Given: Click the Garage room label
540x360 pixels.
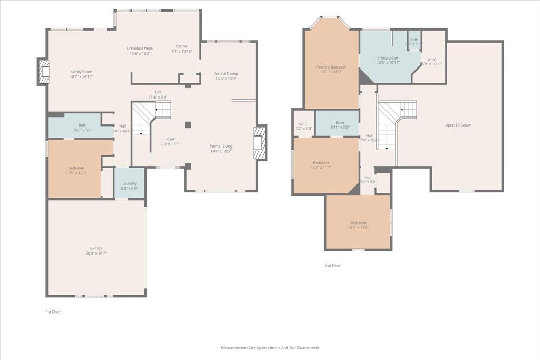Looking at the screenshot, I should click(x=96, y=248).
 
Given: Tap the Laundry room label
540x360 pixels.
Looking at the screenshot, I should click(x=129, y=183).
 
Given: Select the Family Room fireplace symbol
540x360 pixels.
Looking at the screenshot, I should click(x=43, y=72).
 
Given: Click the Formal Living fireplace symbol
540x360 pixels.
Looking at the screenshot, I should click(x=261, y=142).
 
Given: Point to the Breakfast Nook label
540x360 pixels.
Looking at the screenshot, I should click(x=140, y=48).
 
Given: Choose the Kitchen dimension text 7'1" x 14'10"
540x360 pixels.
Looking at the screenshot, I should click(x=181, y=52).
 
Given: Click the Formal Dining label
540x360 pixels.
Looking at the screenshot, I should click(x=226, y=73).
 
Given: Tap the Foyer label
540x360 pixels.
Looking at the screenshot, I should click(x=170, y=139).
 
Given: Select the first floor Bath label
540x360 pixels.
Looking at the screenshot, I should click(x=83, y=125).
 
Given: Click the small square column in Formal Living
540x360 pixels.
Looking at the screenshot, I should click(x=188, y=125).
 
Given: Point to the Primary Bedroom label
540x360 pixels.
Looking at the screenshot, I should click(x=331, y=67).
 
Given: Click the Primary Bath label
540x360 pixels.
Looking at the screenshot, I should click(x=388, y=58).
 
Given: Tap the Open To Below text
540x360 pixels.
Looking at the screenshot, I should click(x=458, y=125).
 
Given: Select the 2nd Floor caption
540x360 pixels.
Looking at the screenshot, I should click(x=332, y=266).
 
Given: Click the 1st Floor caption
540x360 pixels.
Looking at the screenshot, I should click(x=53, y=312).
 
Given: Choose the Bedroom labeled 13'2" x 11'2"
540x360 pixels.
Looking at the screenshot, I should click(x=358, y=223).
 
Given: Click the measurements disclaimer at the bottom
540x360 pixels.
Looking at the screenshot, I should click(x=270, y=348).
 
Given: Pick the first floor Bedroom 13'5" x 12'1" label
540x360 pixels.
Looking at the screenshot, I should click(x=76, y=168).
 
